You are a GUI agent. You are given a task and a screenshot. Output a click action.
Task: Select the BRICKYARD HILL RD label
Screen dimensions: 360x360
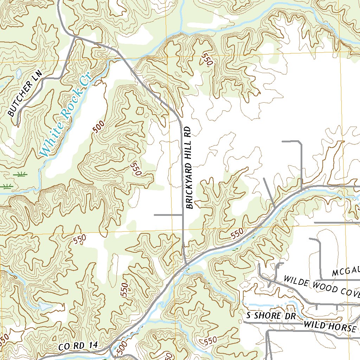coord(189,168)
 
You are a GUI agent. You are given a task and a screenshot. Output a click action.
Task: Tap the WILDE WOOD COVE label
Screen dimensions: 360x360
coord(322,285)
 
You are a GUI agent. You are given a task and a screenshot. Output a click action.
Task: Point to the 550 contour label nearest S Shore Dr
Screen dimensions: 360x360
coord(210,340)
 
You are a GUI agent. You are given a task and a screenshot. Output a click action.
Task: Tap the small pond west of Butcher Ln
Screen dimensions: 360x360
coord(18,74)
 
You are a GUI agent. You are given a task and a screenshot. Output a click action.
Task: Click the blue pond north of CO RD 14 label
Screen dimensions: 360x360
coord(45,306)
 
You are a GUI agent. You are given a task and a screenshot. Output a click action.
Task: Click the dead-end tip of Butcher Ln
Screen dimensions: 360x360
coord(17,125)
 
